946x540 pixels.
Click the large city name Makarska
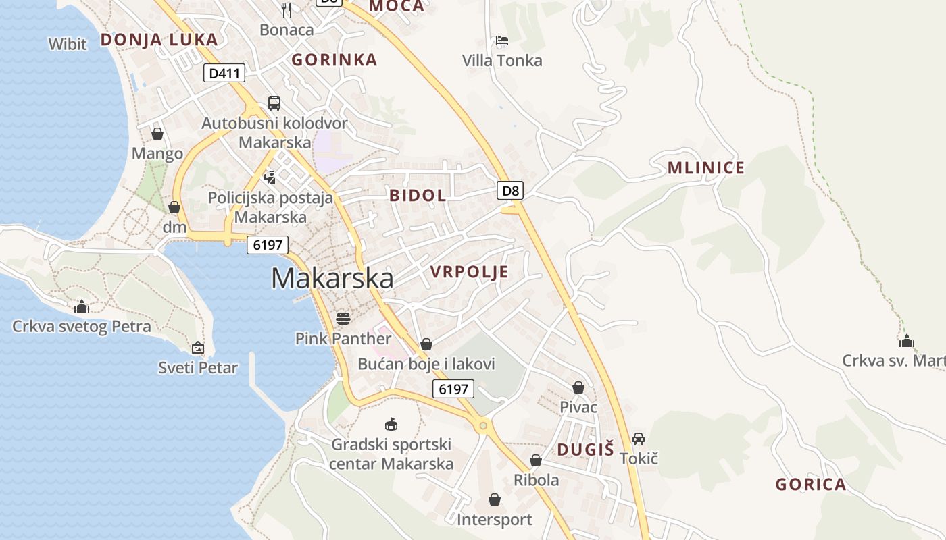332,278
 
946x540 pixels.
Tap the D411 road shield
224,73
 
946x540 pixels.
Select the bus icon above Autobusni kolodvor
274,103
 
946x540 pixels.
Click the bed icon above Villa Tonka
501,40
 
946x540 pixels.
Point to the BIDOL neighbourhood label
418,196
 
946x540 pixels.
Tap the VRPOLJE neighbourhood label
469,272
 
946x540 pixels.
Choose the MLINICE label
705,168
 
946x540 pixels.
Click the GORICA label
810,484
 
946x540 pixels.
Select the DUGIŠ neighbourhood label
585,450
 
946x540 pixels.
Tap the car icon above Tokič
639,439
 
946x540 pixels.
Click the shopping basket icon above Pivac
578,387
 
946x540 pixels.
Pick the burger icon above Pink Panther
343,318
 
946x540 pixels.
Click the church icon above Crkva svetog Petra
82,307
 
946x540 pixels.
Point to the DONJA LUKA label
159,39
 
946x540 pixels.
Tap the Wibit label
68,45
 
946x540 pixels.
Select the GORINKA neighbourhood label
334,60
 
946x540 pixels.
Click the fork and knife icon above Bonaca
287,9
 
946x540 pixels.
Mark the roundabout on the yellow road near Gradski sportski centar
482,425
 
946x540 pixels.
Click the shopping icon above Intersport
495,500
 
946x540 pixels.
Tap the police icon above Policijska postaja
270,178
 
